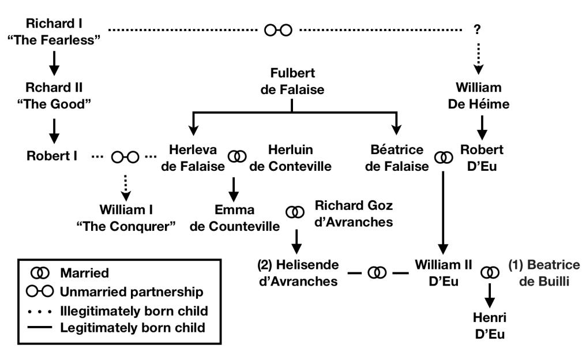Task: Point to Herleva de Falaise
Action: tap(194, 157)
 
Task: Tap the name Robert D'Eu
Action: tap(478, 157)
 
